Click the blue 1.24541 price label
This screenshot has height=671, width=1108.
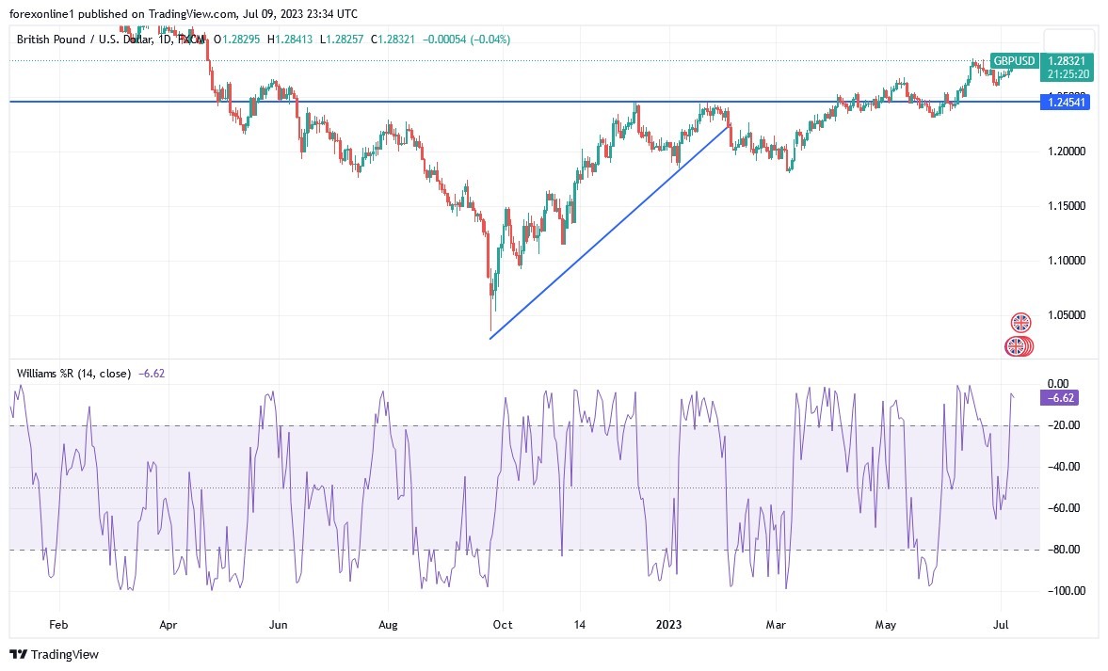(x=1065, y=102)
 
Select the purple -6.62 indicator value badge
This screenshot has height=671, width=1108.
(x=1059, y=398)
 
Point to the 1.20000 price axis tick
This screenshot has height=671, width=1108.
(x=1066, y=151)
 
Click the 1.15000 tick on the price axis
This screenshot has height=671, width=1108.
(x=1066, y=205)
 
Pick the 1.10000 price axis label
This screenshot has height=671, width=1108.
(x=1066, y=260)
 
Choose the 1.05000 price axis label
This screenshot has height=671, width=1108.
(x=1066, y=314)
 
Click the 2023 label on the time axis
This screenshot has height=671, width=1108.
(x=669, y=623)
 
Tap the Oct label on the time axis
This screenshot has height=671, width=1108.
(x=502, y=623)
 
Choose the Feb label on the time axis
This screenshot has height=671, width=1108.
(x=58, y=623)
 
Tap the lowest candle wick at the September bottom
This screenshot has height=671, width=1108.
(x=490, y=325)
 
